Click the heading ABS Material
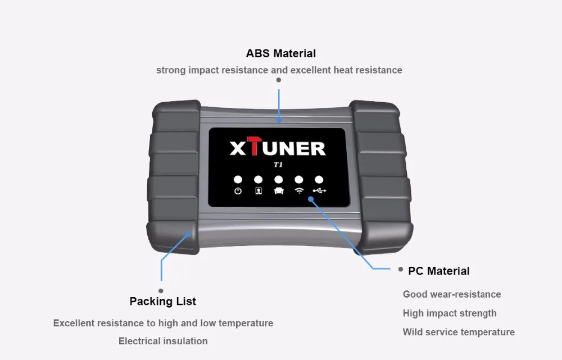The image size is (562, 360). pyautogui.click(x=280, y=54)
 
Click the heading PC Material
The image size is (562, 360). pyautogui.click(x=438, y=271)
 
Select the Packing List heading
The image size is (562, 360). pyautogui.click(x=162, y=302)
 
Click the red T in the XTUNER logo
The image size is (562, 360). pyautogui.click(x=257, y=147)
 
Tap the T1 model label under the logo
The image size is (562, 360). pyautogui.click(x=278, y=165)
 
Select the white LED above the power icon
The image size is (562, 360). pyautogui.click(x=238, y=180)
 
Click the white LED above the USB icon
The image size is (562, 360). pyautogui.click(x=319, y=180)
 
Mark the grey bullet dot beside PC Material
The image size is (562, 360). pyautogui.click(x=401, y=270)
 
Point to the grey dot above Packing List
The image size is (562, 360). pyautogui.click(x=161, y=291)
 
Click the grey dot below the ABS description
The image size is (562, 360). pyautogui.click(x=279, y=80)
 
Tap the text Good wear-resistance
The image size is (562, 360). pyautogui.click(x=452, y=294)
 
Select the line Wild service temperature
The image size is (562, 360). pyautogui.click(x=459, y=332)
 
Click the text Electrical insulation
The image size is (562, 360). pyautogui.click(x=163, y=341)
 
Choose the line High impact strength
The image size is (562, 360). pyautogui.click(x=450, y=313)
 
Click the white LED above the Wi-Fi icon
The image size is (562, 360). pyautogui.click(x=299, y=180)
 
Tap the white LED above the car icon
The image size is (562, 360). pyautogui.click(x=279, y=180)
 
